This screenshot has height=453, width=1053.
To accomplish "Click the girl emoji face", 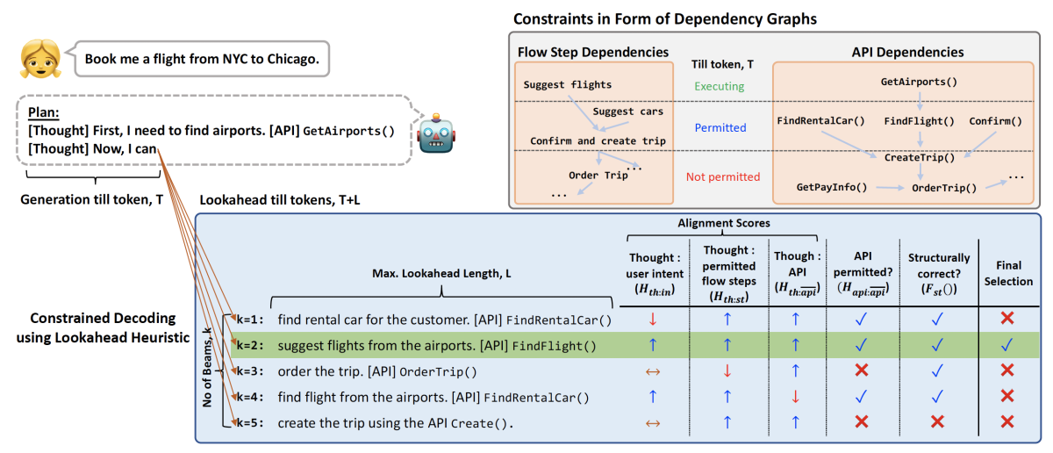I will click(x=39, y=60).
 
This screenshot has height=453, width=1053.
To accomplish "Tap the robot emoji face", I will click(x=434, y=133).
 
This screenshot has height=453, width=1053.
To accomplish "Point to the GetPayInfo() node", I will click(x=831, y=187).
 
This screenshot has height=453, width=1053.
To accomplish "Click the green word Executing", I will click(x=719, y=86).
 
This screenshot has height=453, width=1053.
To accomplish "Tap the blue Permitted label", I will click(x=720, y=127).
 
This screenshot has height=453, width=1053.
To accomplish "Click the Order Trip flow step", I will click(x=598, y=175).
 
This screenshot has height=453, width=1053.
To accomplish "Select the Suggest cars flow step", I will click(x=627, y=111).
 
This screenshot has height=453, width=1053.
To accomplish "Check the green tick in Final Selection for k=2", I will click(x=1006, y=346).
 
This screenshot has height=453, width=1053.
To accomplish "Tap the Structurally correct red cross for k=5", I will click(x=937, y=423).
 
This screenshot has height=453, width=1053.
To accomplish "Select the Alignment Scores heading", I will click(x=720, y=224).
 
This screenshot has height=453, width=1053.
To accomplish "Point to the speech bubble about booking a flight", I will click(x=201, y=60).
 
